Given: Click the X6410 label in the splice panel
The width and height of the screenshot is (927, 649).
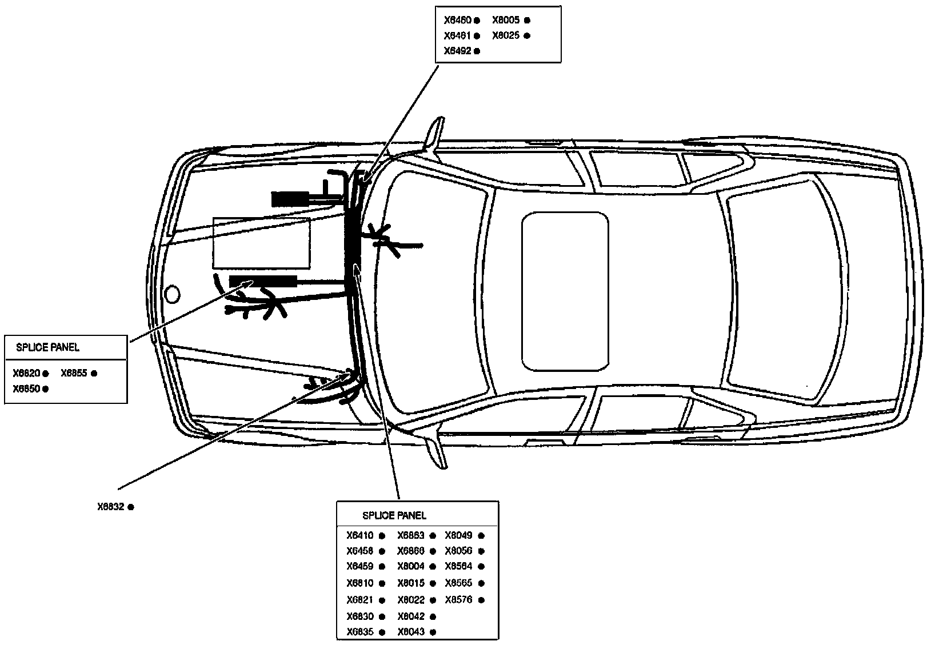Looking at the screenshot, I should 359,536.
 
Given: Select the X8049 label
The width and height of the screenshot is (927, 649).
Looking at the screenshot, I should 458,536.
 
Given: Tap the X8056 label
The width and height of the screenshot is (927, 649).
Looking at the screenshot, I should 458,551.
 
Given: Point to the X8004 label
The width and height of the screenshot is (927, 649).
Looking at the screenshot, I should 411,567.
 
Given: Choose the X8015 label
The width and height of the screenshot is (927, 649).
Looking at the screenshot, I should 411,583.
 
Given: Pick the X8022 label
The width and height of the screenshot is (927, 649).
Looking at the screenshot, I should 411,600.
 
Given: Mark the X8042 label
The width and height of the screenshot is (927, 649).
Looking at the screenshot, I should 411,617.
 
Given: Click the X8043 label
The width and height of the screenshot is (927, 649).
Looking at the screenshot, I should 411,632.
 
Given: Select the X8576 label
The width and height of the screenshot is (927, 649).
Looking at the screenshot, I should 458,600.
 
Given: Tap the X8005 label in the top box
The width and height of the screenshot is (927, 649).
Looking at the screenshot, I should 506,20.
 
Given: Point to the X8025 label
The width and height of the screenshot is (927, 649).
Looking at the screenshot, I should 506,35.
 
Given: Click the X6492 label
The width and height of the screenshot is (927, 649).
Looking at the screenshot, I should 457,51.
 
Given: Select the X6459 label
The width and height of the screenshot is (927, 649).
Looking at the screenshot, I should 359,567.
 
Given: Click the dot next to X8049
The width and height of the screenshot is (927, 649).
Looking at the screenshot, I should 481,536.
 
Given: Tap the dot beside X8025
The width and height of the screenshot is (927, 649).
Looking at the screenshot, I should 527,35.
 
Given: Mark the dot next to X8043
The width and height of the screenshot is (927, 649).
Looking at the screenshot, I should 433,632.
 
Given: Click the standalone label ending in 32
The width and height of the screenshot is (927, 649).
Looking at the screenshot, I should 110,507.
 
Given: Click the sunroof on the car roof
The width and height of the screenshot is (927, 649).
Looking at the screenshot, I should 565,291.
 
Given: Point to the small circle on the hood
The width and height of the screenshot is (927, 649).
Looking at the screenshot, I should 171,294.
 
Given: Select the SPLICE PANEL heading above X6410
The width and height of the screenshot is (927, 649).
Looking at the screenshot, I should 394,516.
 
